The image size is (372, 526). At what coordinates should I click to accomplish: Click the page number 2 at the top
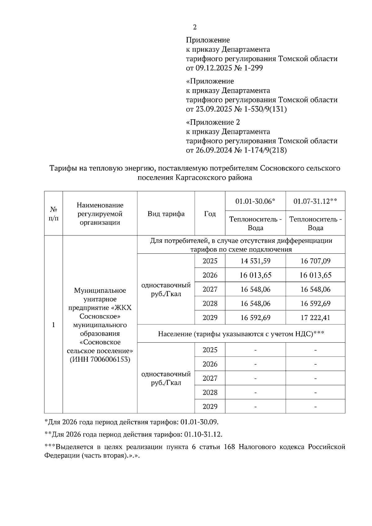195,27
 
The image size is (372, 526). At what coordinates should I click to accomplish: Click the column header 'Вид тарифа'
166,214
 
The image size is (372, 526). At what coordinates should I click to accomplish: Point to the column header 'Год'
210,214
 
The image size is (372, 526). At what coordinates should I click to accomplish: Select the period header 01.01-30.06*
255,201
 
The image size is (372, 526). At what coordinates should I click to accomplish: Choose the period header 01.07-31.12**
315,201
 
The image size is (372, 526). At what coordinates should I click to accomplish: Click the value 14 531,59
255,261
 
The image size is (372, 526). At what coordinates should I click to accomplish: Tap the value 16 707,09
315,261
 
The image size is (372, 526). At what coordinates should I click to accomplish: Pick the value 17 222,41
315,318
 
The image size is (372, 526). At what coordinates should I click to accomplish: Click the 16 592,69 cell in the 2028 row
315,303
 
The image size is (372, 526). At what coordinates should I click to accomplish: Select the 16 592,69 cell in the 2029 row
255,318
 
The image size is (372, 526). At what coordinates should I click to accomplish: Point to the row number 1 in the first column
54,325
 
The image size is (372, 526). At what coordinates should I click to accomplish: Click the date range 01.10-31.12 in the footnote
203,434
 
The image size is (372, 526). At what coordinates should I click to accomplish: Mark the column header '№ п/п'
54,214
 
